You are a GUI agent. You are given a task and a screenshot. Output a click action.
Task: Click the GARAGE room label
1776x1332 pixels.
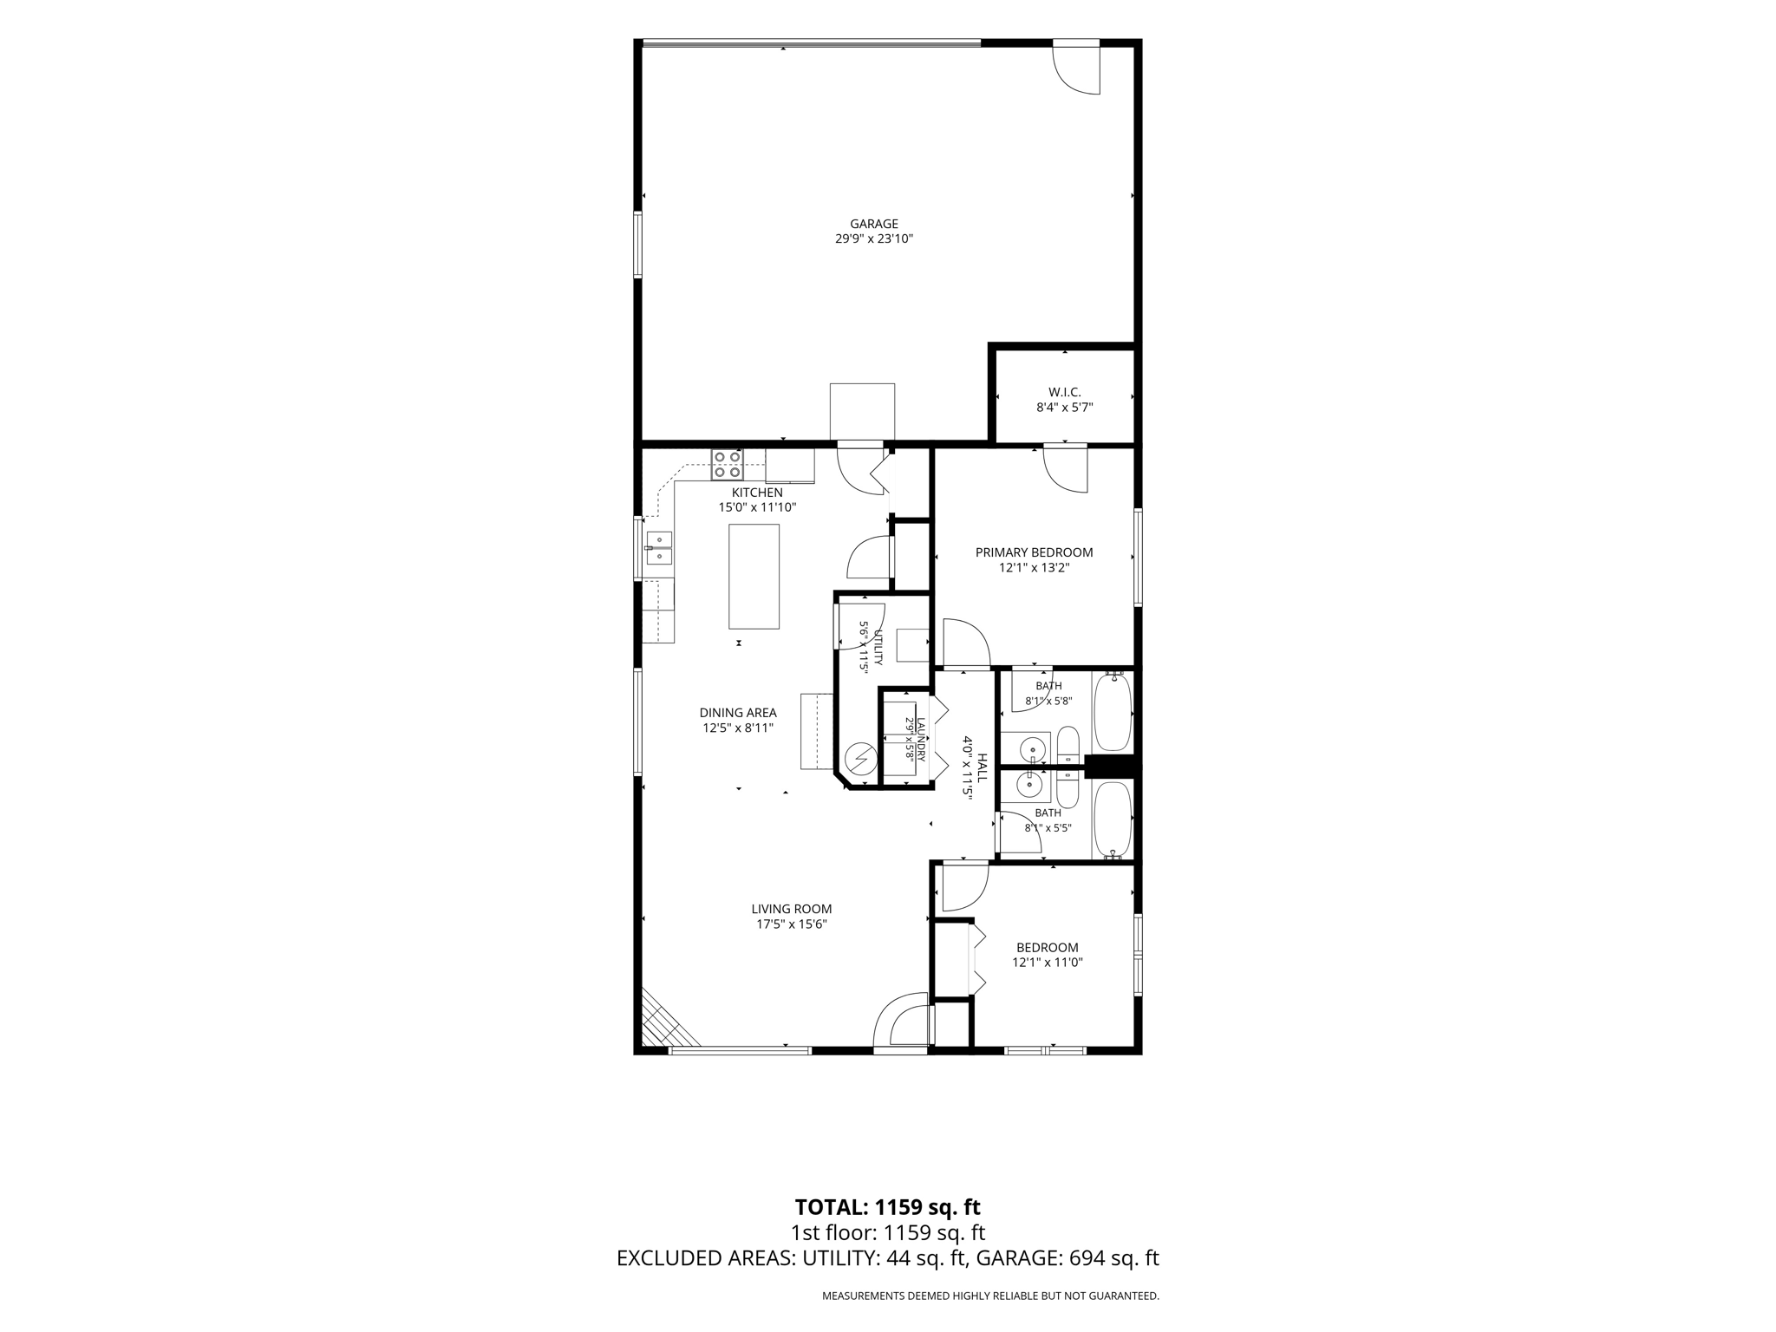[873, 224]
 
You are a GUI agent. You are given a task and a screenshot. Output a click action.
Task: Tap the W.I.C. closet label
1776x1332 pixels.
[1064, 392]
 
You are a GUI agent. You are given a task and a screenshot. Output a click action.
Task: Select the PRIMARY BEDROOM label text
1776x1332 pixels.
[1034, 552]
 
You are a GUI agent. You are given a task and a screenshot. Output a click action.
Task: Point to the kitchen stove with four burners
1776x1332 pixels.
[728, 465]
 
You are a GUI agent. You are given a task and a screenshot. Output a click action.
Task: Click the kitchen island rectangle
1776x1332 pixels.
[754, 576]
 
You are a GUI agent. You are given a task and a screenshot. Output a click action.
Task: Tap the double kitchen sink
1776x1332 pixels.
[658, 548]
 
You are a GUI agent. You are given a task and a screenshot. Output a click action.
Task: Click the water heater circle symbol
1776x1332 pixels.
[860, 760]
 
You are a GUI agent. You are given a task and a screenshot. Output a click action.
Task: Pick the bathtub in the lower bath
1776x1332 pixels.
[1113, 819]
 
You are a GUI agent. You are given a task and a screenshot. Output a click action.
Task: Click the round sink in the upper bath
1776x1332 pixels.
[1032, 748]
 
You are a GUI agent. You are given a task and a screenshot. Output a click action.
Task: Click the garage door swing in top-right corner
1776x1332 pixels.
[1076, 68]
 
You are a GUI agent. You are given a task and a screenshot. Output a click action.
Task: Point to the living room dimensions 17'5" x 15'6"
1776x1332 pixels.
[792, 924]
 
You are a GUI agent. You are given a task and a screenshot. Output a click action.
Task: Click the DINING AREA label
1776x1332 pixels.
[738, 713]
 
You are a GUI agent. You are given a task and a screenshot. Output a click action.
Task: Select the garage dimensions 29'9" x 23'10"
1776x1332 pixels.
[874, 238]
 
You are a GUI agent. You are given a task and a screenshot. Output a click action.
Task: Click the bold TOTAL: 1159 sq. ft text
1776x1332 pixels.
[887, 1207]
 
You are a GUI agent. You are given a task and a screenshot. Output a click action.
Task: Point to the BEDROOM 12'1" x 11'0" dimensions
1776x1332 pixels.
[1048, 962]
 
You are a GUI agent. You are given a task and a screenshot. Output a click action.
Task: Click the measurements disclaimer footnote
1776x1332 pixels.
[990, 1296]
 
